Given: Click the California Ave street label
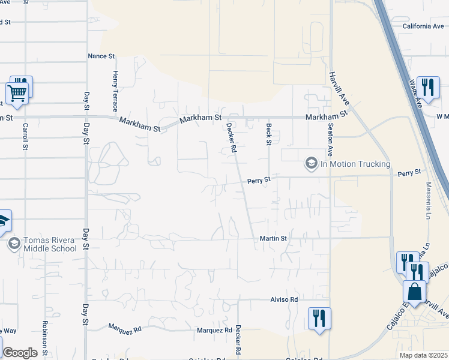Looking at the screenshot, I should pyautogui.click(x=423, y=26).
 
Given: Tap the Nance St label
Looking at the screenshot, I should pyautogui.click(x=101, y=56).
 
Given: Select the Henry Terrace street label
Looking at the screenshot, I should pyautogui.click(x=115, y=91).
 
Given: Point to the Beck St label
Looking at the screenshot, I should pyautogui.click(x=269, y=134).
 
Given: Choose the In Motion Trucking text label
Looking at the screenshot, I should pyautogui.click(x=355, y=164).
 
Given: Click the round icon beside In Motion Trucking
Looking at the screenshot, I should pyautogui.click(x=311, y=163).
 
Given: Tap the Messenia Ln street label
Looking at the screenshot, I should pyautogui.click(x=429, y=200).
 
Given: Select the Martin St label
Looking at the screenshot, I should pyautogui.click(x=274, y=238).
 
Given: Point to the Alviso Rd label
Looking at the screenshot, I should pyautogui.click(x=284, y=299).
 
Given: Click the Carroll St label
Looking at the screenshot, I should pyautogui.click(x=25, y=137).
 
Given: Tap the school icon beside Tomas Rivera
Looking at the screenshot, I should pyautogui.click(x=13, y=244).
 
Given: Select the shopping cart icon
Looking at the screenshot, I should pyautogui.click(x=17, y=93).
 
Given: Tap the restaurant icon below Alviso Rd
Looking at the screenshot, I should pyautogui.click(x=319, y=317).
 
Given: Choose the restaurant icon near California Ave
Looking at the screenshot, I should pyautogui.click(x=427, y=87).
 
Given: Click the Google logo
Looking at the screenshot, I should pyautogui.click(x=20, y=353).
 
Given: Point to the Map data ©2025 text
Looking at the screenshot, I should pyautogui.click(x=423, y=355).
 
